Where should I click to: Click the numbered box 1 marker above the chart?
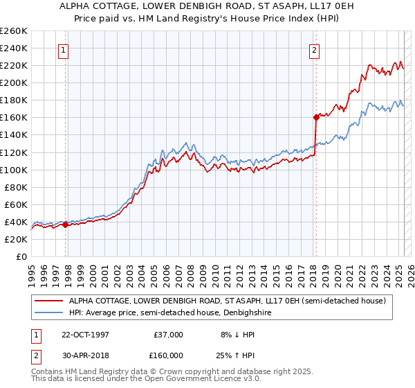click(63, 49)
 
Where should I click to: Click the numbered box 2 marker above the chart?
click(314, 49)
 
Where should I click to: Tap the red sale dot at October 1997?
click(66, 224)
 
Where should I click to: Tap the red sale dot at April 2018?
click(316, 117)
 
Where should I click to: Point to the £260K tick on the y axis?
click(14, 31)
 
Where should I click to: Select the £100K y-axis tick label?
click(14, 170)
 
